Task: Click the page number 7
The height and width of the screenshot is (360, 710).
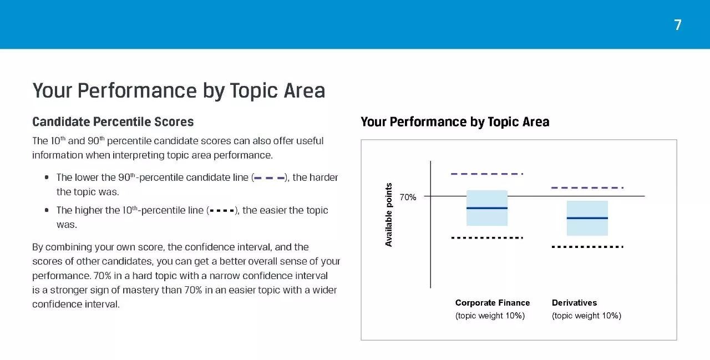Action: pyautogui.click(x=678, y=25)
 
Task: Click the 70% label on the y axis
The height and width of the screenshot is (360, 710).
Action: pyautogui.click(x=408, y=197)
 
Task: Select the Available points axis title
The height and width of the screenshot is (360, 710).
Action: pyautogui.click(x=389, y=215)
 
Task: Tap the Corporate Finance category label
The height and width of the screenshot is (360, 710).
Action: pyautogui.click(x=493, y=303)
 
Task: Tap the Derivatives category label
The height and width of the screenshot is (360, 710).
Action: pyautogui.click(x=574, y=303)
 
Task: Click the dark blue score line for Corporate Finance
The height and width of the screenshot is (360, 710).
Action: pyautogui.click(x=487, y=208)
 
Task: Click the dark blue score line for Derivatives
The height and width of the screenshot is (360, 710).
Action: pyautogui.click(x=587, y=218)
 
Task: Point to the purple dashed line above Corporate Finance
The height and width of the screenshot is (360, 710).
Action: pyautogui.click(x=487, y=174)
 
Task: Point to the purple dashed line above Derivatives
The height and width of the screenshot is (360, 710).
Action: pyautogui.click(x=587, y=187)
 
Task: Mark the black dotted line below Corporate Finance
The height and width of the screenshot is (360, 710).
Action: pyautogui.click(x=487, y=237)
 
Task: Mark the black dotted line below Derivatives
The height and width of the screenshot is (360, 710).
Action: pyautogui.click(x=587, y=246)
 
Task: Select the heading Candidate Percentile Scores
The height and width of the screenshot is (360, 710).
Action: pyautogui.click(x=113, y=121)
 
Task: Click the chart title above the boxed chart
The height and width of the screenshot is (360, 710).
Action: pyautogui.click(x=455, y=121)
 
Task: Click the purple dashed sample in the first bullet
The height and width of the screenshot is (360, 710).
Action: pyautogui.click(x=269, y=178)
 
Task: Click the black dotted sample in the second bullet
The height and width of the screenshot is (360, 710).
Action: pyautogui.click(x=222, y=210)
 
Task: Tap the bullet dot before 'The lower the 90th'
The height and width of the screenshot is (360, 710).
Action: pyautogui.click(x=47, y=177)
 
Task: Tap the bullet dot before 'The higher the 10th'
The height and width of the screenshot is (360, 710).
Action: pyautogui.click(x=47, y=210)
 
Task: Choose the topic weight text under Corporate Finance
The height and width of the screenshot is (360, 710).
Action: pyautogui.click(x=490, y=316)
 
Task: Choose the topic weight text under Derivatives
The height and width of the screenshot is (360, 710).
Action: pyautogui.click(x=586, y=316)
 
